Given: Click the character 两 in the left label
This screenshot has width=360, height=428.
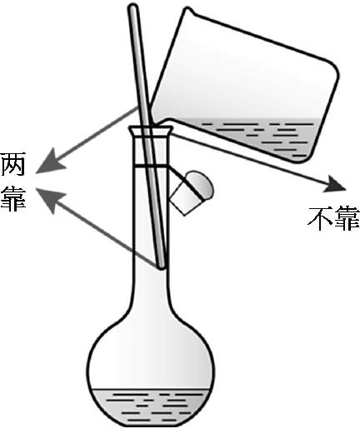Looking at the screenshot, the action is tap(13, 164).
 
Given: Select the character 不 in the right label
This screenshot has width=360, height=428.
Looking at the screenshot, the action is tap(320, 218).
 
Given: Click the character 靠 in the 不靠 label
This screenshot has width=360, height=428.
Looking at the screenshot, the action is tap(347, 218).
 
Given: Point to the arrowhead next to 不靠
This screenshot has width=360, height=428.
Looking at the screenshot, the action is tap(335, 184).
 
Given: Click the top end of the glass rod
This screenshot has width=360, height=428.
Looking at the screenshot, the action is tap(133, 7).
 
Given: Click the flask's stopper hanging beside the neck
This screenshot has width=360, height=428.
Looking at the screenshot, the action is tap(192, 192).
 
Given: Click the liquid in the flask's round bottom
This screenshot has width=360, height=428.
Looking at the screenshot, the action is tap(150, 406).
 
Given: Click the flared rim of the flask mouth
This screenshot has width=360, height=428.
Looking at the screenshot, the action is tap(150, 131).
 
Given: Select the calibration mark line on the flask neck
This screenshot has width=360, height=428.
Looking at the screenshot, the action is tap(150, 166).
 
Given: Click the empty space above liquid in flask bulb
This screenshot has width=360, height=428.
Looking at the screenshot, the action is tap(151, 358).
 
